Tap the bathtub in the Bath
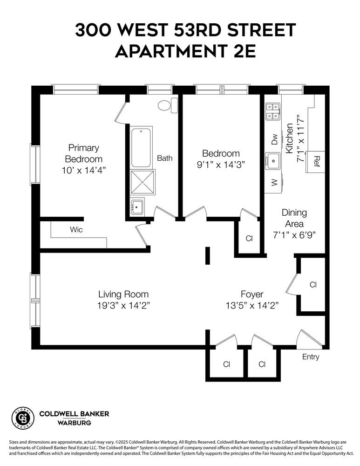(141, 148)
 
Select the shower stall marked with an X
(143, 182)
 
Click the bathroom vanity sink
(137, 206)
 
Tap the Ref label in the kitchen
(317, 161)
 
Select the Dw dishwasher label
(274, 139)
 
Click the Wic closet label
(76, 230)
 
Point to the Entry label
(311, 357)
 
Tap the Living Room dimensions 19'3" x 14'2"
(123, 305)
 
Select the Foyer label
(252, 295)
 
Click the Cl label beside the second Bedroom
(249, 239)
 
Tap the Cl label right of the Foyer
(312, 284)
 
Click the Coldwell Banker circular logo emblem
(23, 418)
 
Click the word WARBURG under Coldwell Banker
(74, 423)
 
